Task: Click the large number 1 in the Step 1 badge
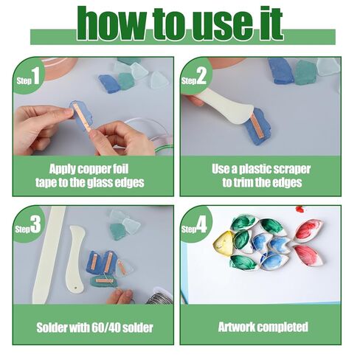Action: (x=35, y=76)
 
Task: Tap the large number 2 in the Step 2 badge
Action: (x=201, y=76)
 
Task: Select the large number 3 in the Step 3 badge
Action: (x=35, y=224)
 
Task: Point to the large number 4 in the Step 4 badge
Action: (x=201, y=225)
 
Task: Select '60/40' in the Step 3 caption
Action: (x=106, y=328)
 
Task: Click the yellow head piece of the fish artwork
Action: (x=223, y=243)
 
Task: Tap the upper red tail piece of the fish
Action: (x=308, y=229)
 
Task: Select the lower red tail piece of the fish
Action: (x=307, y=255)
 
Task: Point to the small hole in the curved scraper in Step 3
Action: (x=76, y=287)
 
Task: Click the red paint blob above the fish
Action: (x=300, y=210)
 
